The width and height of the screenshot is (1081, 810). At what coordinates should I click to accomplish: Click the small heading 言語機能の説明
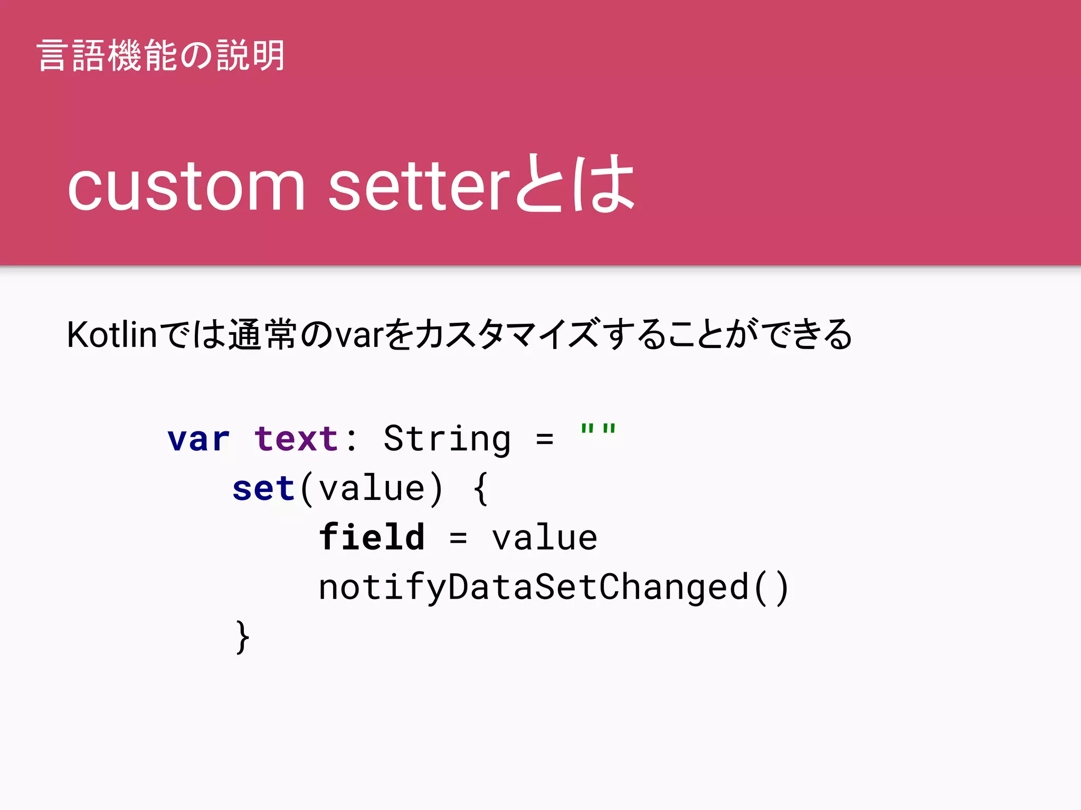pyautogui.click(x=161, y=55)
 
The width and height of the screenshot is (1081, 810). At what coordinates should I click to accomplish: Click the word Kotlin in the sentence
pyautogui.click(x=112, y=334)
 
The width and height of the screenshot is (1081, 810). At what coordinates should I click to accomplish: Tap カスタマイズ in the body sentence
pyautogui.click(x=507, y=334)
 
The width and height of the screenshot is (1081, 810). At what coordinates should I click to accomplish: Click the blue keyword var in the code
pyautogui.click(x=198, y=439)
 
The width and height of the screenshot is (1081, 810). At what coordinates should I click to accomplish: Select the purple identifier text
pyautogui.click(x=296, y=439)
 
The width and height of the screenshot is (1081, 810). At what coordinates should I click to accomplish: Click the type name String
pyautogui.click(x=447, y=439)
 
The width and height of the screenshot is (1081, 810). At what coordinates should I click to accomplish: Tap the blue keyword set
pyautogui.click(x=263, y=488)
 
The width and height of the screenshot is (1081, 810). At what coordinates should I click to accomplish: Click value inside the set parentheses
pyautogui.click(x=372, y=488)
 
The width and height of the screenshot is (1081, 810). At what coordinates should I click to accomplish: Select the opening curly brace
pyautogui.click(x=480, y=488)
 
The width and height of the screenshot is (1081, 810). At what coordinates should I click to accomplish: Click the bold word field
pyautogui.click(x=372, y=537)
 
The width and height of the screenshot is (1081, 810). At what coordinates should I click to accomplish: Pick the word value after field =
pyautogui.click(x=544, y=538)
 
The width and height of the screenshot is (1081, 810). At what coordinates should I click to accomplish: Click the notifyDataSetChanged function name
pyautogui.click(x=533, y=587)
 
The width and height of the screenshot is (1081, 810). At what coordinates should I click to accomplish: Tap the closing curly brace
pyautogui.click(x=242, y=637)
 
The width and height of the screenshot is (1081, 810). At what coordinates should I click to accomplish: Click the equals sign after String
pyautogui.click(x=544, y=439)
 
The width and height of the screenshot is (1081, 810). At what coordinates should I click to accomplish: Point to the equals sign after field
pyautogui.click(x=458, y=538)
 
